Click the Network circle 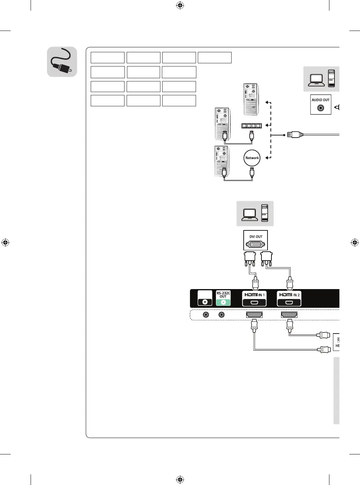(x=252, y=158)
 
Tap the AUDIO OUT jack (x=321, y=108)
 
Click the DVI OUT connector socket (x=255, y=244)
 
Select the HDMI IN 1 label (x=254, y=295)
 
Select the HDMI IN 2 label (x=289, y=295)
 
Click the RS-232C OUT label (x=223, y=295)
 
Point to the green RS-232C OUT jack (x=223, y=302)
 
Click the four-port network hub (x=252, y=126)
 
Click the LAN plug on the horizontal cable (x=295, y=135)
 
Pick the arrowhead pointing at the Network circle (x=267, y=158)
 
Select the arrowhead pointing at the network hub (x=267, y=125)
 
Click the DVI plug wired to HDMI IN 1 (x=250, y=258)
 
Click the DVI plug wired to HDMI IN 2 (x=266, y=258)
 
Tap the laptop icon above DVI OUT (x=249, y=214)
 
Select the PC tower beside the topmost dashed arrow (x=250, y=99)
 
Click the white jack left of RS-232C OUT (x=205, y=302)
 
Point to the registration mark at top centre (x=180, y=5)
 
